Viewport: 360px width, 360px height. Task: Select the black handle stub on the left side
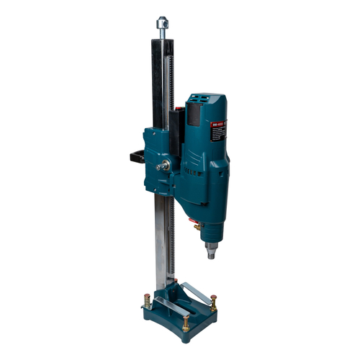point(137,156)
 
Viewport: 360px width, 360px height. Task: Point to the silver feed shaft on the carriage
point(164,166)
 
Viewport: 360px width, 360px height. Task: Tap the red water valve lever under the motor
point(192,220)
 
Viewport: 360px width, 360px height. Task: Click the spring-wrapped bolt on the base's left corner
point(147,300)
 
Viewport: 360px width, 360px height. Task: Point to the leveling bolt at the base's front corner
point(185,323)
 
